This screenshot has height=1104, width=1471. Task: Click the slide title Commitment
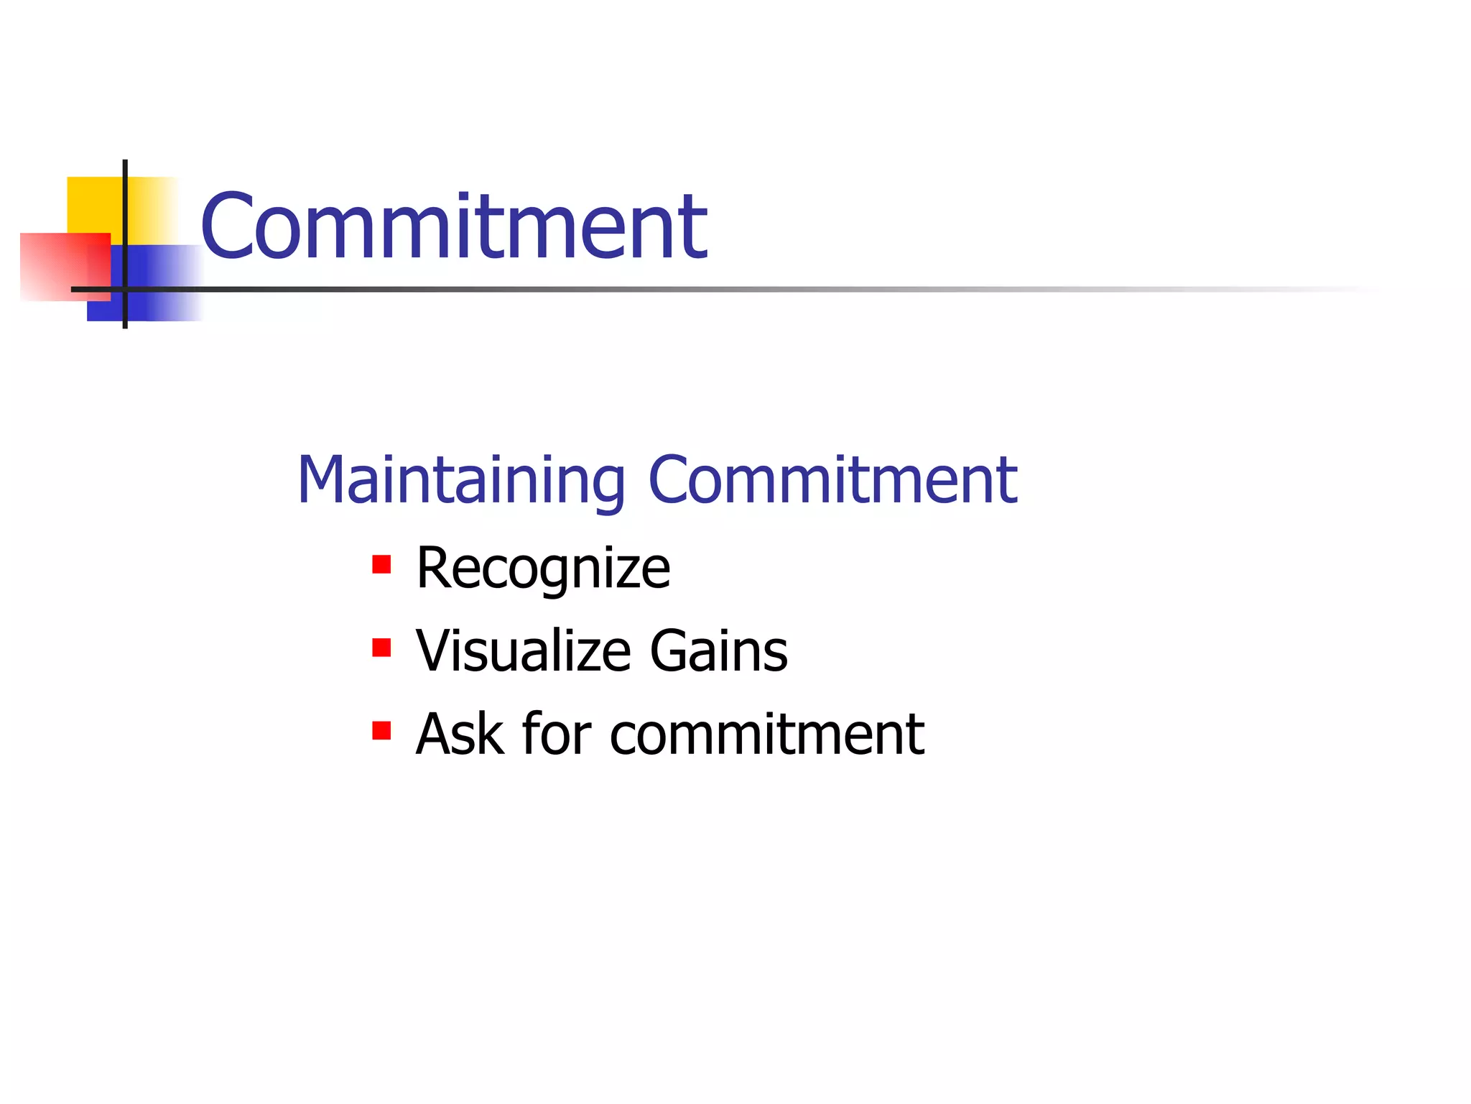coord(454,226)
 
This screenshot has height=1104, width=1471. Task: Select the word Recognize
coord(543,569)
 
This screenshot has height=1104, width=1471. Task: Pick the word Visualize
coord(524,651)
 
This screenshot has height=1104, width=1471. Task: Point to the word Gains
coord(718,651)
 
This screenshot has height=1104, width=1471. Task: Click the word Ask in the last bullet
coord(460,734)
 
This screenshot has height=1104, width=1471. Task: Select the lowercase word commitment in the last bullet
coord(766,735)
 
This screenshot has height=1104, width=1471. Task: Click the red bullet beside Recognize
coord(381,565)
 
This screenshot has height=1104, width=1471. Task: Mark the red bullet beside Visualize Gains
coord(381,648)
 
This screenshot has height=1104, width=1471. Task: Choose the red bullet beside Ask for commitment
coord(381,731)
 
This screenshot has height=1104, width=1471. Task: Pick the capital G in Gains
coord(672,651)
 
